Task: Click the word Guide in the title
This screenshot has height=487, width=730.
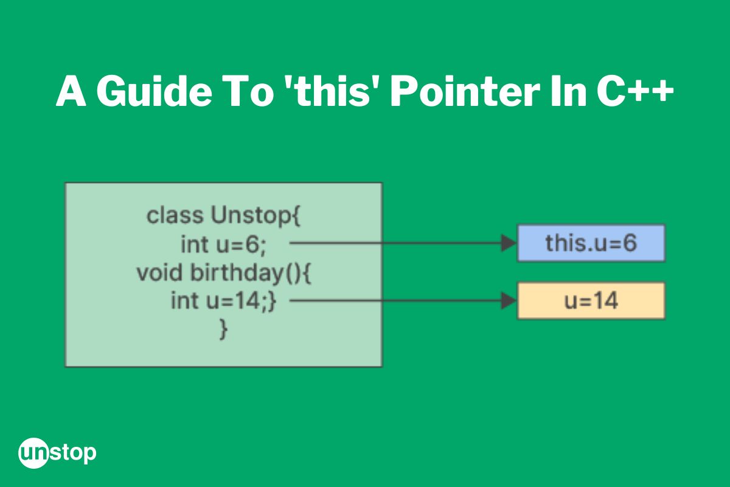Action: coord(154,91)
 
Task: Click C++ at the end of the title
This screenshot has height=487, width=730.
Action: coord(634,91)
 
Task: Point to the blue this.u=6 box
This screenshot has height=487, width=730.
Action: coord(591,243)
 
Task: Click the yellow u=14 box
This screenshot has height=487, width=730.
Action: coord(591,301)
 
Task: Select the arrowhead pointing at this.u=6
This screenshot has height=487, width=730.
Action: coord(509,243)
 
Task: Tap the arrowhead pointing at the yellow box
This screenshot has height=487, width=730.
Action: coord(509,301)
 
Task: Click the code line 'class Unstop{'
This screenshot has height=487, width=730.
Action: coord(224,215)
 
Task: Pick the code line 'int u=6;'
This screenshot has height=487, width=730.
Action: coord(224,245)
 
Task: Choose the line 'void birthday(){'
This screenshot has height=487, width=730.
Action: coord(224,273)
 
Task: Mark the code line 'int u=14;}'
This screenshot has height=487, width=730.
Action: coord(224,301)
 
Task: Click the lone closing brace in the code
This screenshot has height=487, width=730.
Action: coord(224,329)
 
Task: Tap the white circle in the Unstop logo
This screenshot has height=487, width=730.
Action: coord(33,453)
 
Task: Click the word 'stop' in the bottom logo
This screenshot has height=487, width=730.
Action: coord(73,454)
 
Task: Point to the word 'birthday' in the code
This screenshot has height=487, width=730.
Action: coord(237,273)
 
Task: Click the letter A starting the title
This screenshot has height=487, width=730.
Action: coord(71,91)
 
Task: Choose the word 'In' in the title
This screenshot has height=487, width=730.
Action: coord(568,91)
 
